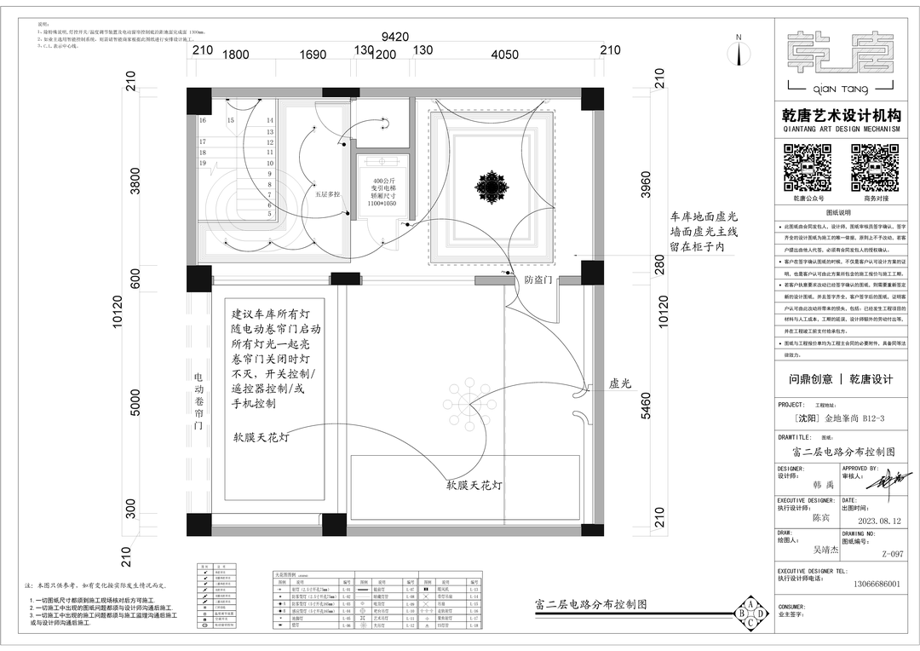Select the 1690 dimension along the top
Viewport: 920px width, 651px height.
tap(313, 55)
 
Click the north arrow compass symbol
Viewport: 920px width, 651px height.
tap(739, 51)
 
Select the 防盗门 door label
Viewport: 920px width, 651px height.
tap(538, 279)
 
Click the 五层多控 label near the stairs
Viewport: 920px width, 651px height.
tap(327, 194)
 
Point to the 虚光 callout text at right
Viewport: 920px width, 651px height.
tap(619, 383)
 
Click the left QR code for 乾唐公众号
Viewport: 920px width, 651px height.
tap(806, 167)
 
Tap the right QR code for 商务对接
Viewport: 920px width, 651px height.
tap(875, 167)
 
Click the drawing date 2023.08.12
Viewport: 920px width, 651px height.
tap(880, 521)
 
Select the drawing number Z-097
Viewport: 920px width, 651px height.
tap(892, 554)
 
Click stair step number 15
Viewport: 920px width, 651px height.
tap(230, 121)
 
